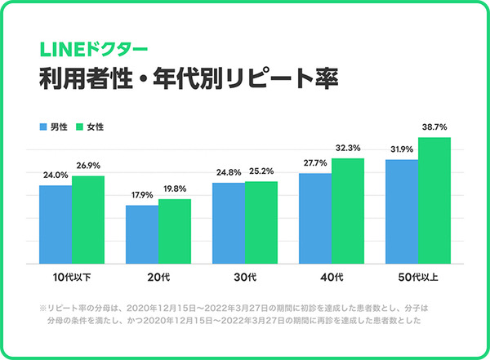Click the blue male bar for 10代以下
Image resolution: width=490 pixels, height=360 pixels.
click(55, 224)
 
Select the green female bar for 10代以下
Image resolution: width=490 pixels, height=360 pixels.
click(87, 220)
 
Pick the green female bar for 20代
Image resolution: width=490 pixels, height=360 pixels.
click(174, 232)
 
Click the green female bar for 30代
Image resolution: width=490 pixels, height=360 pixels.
click(261, 222)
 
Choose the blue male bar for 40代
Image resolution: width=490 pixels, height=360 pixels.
click(314, 219)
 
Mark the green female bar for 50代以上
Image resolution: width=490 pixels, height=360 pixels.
click(434, 201)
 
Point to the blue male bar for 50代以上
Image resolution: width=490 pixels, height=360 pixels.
click(401, 211)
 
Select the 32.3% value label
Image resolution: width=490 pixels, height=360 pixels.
click(347, 149)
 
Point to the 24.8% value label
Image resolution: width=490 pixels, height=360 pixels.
click(228, 173)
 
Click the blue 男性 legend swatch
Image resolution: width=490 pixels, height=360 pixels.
click(42, 127)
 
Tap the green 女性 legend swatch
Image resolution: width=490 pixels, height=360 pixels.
click(79, 127)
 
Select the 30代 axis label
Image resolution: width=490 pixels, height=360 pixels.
click(244, 278)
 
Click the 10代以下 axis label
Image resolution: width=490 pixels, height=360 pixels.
click(71, 278)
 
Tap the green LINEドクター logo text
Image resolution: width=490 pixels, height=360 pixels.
click(83, 47)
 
